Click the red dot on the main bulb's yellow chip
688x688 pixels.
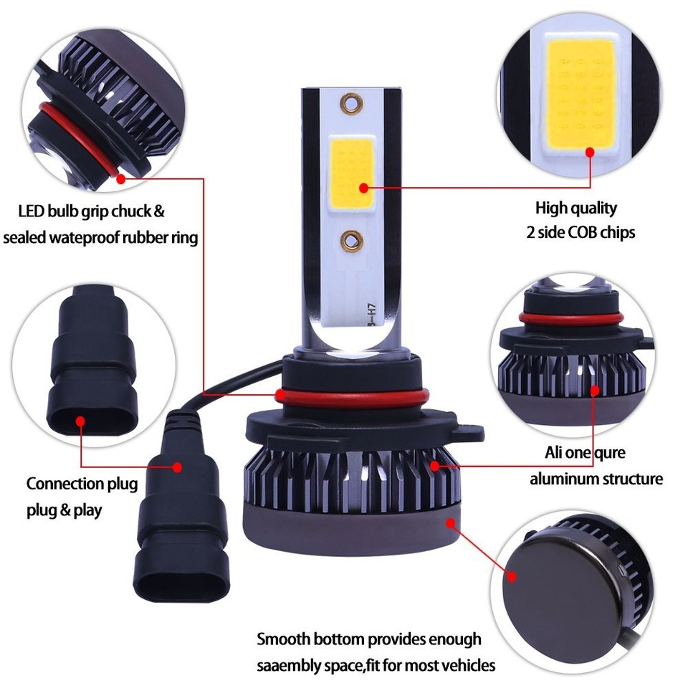(364, 188)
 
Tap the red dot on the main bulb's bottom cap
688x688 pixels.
(451, 523)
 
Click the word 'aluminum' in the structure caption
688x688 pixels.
(563, 479)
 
